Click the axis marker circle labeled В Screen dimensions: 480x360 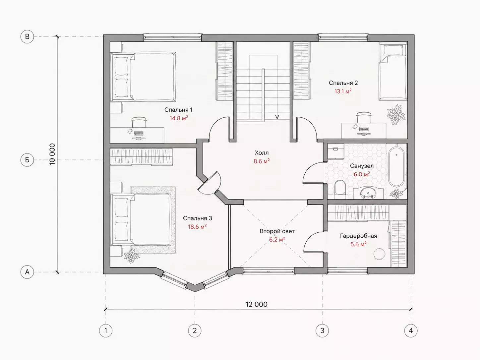pyautogui.click(x=27, y=36)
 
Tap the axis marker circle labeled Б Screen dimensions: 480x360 pyautogui.click(x=27, y=160)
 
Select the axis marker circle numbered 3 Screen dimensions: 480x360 pyautogui.click(x=322, y=330)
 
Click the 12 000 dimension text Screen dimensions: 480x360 pyautogui.click(x=257, y=304)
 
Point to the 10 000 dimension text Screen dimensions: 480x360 pyautogui.click(x=52, y=154)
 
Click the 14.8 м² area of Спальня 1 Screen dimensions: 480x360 pyautogui.click(x=179, y=118)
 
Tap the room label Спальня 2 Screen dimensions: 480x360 pyautogui.click(x=343, y=83)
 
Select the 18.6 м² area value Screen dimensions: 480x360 pyautogui.click(x=197, y=227)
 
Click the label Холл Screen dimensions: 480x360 pyautogui.click(x=262, y=152)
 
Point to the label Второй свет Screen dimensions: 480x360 pyautogui.click(x=277, y=231)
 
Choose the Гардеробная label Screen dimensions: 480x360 pyautogui.click(x=358, y=236)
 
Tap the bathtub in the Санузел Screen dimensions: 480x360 pyautogui.click(x=396, y=166)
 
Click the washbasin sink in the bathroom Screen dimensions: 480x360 pyautogui.click(x=368, y=193)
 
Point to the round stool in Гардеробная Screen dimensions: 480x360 pyautogui.click(x=379, y=254)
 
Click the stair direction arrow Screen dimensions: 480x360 pyautogui.click(x=277, y=117)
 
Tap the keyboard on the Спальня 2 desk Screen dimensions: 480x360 pyautogui.click(x=364, y=129)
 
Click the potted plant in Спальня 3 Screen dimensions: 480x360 pyautogui.click(x=131, y=256)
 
